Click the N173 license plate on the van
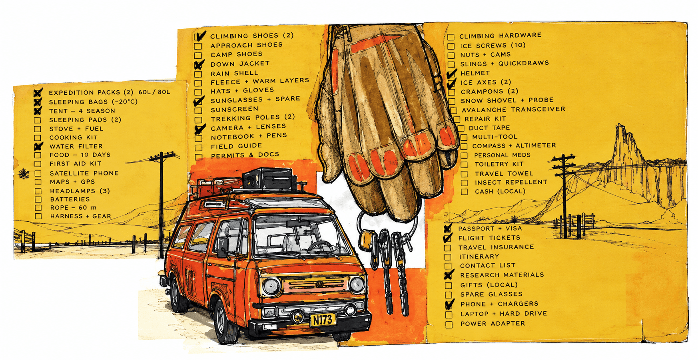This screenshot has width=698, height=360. pyautogui.click(x=323, y=320)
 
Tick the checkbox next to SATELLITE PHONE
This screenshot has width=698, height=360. pyautogui.click(x=38, y=173)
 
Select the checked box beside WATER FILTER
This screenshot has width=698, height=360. pyautogui.click(x=38, y=146)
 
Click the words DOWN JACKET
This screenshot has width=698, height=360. pyautogui.click(x=240, y=64)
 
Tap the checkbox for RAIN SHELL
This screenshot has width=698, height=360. pyautogui.click(x=198, y=74)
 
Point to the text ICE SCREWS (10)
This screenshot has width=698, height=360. pyautogui.click(x=493, y=46)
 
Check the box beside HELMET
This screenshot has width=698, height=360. pyautogui.click(x=451, y=74)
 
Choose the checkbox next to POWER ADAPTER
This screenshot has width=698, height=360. pyautogui.click(x=449, y=324)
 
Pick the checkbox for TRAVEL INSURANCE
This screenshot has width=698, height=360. pyautogui.click(x=448, y=248)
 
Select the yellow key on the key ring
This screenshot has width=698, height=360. pyautogui.click(x=366, y=240)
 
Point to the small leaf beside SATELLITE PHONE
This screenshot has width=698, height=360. pyautogui.click(x=24, y=174)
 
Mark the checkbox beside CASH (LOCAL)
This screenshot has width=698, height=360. pyautogui.click(x=464, y=192)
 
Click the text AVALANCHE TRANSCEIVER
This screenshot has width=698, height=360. pyautogui.click(x=514, y=109)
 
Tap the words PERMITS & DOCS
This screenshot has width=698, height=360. pyautogui.click(x=245, y=155)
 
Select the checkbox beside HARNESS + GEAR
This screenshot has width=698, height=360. pyautogui.click(x=38, y=216)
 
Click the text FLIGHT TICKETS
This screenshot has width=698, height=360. pyautogui.click(x=489, y=238)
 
